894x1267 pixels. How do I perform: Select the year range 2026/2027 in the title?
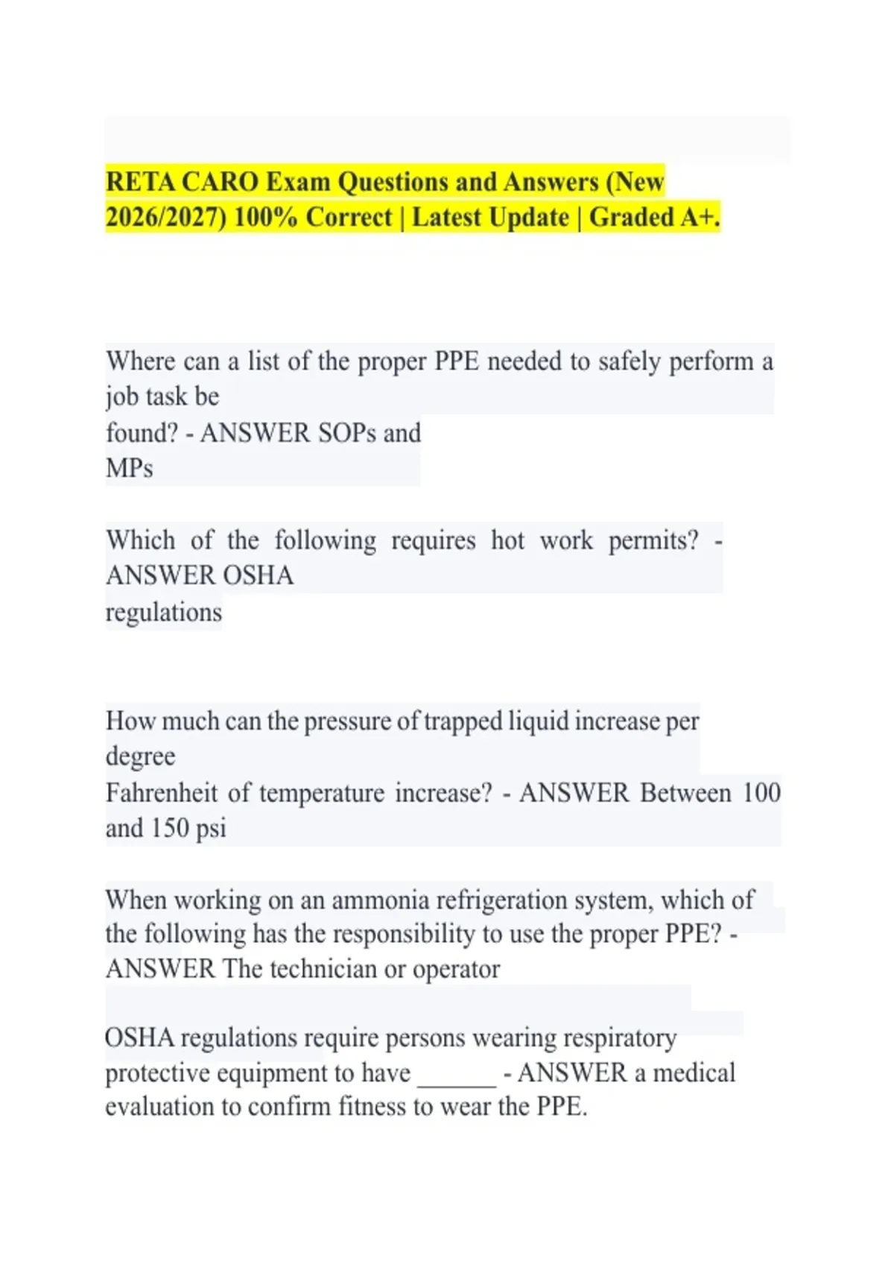click(x=166, y=217)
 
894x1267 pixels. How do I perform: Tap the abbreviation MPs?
click(x=130, y=469)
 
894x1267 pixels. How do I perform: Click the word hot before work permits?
click(x=507, y=540)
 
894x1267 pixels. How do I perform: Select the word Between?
click(x=685, y=792)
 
